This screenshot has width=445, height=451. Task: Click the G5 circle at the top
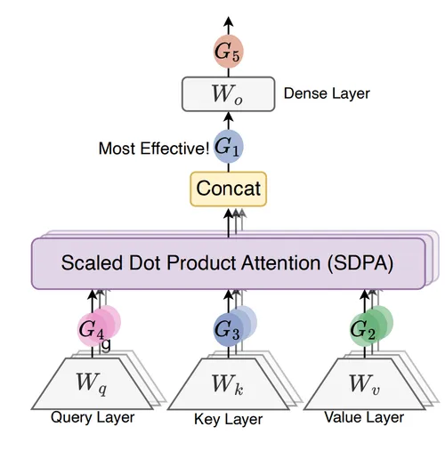(229, 52)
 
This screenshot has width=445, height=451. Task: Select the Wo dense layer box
(229, 94)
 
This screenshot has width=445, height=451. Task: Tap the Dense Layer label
(327, 93)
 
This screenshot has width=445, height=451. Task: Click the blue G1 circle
(229, 146)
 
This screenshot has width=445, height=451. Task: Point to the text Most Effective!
(154, 149)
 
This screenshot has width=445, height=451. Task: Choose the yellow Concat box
(229, 189)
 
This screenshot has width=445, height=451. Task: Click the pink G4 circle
(92, 329)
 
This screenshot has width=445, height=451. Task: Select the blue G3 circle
(228, 329)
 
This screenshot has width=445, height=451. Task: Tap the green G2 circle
(364, 329)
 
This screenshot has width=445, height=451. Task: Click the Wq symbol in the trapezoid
(92, 383)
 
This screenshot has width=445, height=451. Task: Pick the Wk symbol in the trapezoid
(228, 384)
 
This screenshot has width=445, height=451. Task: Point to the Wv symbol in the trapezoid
(364, 384)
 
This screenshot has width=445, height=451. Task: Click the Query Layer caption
(93, 417)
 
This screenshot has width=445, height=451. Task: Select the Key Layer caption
(229, 419)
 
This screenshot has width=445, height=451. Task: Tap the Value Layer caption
(364, 417)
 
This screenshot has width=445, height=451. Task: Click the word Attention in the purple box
(280, 262)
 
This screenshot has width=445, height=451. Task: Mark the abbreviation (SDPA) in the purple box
(360, 263)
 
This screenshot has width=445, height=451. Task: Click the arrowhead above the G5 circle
(229, 21)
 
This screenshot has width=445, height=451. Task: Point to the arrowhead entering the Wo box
(229, 117)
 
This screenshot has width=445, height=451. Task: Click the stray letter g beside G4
(106, 345)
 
